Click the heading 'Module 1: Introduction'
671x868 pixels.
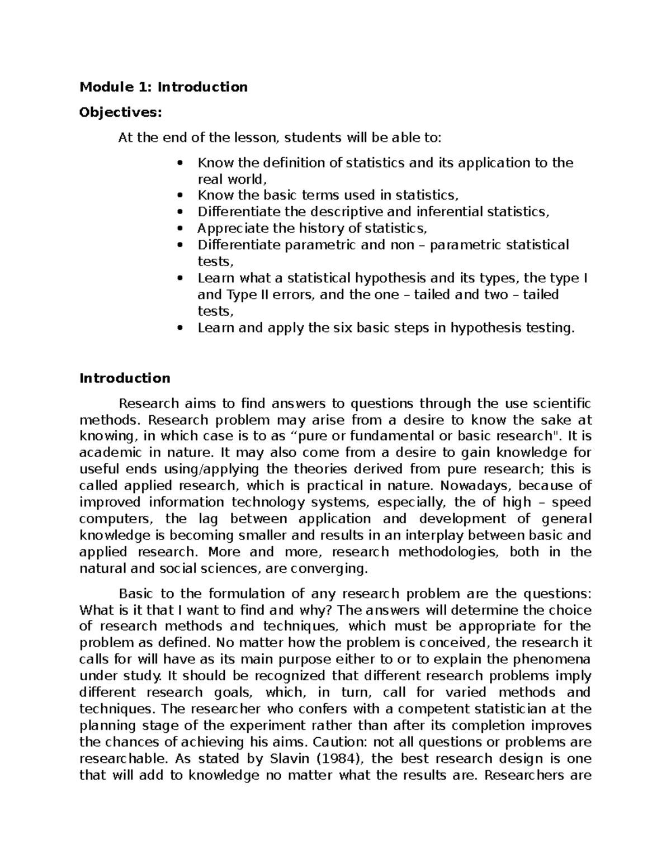click(163, 87)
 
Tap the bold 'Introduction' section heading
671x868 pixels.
click(125, 378)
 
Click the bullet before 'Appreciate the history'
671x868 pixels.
click(179, 229)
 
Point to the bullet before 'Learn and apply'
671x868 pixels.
click(179, 328)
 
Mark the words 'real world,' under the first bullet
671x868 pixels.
click(229, 179)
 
